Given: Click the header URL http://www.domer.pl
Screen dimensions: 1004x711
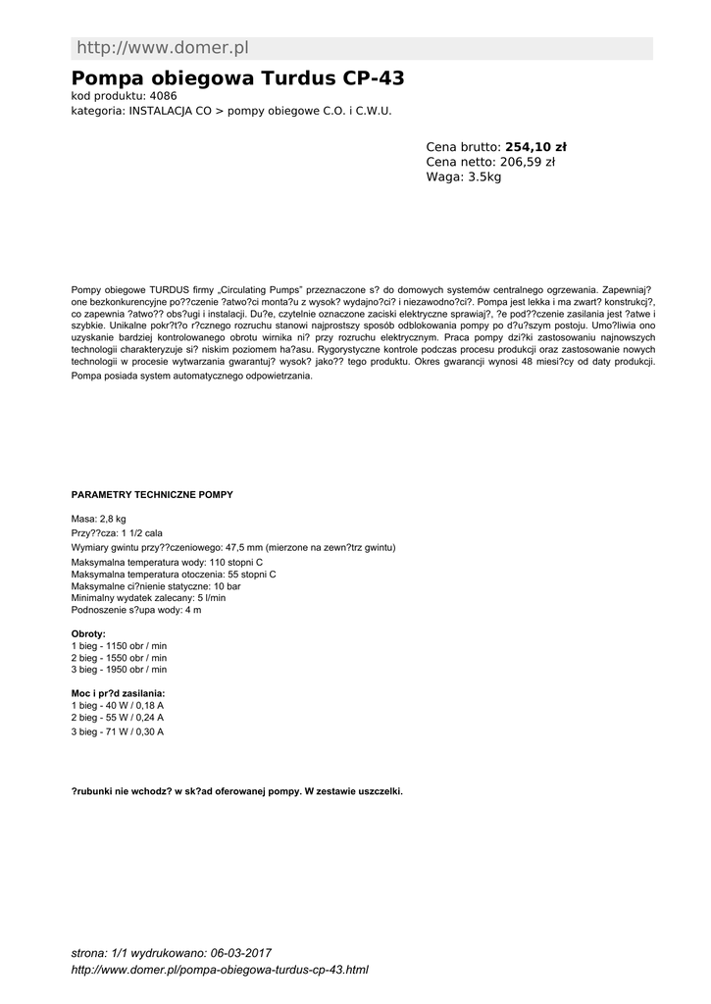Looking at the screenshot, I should [163, 48].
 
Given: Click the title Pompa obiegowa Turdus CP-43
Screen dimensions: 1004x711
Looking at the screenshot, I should [238, 77].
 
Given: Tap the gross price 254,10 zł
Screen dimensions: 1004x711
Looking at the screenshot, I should [535, 147].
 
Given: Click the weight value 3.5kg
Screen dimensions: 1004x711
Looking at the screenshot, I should [484, 177].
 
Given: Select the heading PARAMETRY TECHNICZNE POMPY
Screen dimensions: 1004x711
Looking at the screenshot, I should [152, 495].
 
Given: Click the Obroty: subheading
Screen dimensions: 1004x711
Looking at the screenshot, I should [88, 634].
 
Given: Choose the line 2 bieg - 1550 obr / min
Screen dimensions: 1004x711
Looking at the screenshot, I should [119, 658].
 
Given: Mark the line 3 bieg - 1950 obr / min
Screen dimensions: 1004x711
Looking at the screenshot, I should [119, 670].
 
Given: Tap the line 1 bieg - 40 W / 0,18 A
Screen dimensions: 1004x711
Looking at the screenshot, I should [118, 706].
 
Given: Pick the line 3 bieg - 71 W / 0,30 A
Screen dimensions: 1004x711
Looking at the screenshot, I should [118, 731].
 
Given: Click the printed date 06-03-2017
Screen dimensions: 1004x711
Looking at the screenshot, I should [240, 953].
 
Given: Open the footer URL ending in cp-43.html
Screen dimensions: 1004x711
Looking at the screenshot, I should [221, 970].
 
